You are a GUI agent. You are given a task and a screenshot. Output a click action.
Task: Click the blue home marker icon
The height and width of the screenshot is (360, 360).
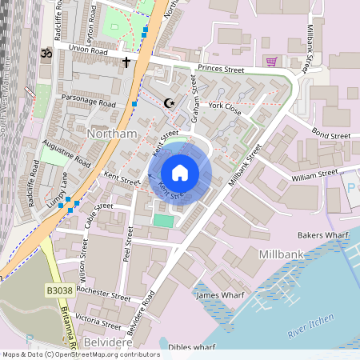click(x=180, y=173)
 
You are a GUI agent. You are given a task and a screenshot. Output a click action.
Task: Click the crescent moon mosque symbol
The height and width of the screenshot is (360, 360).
click(x=169, y=102)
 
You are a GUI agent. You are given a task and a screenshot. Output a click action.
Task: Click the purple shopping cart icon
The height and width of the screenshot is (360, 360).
click(x=272, y=61)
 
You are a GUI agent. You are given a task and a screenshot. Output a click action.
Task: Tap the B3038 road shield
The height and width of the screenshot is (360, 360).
click(x=59, y=290)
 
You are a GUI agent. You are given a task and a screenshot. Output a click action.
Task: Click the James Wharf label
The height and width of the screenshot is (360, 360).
click(x=219, y=295)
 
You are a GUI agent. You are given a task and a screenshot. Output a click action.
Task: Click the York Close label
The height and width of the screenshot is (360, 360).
click(x=225, y=106)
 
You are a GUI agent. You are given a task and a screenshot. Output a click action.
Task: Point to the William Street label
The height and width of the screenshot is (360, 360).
click(x=315, y=174)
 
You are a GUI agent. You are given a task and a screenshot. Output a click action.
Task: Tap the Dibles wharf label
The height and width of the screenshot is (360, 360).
click(x=193, y=347)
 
